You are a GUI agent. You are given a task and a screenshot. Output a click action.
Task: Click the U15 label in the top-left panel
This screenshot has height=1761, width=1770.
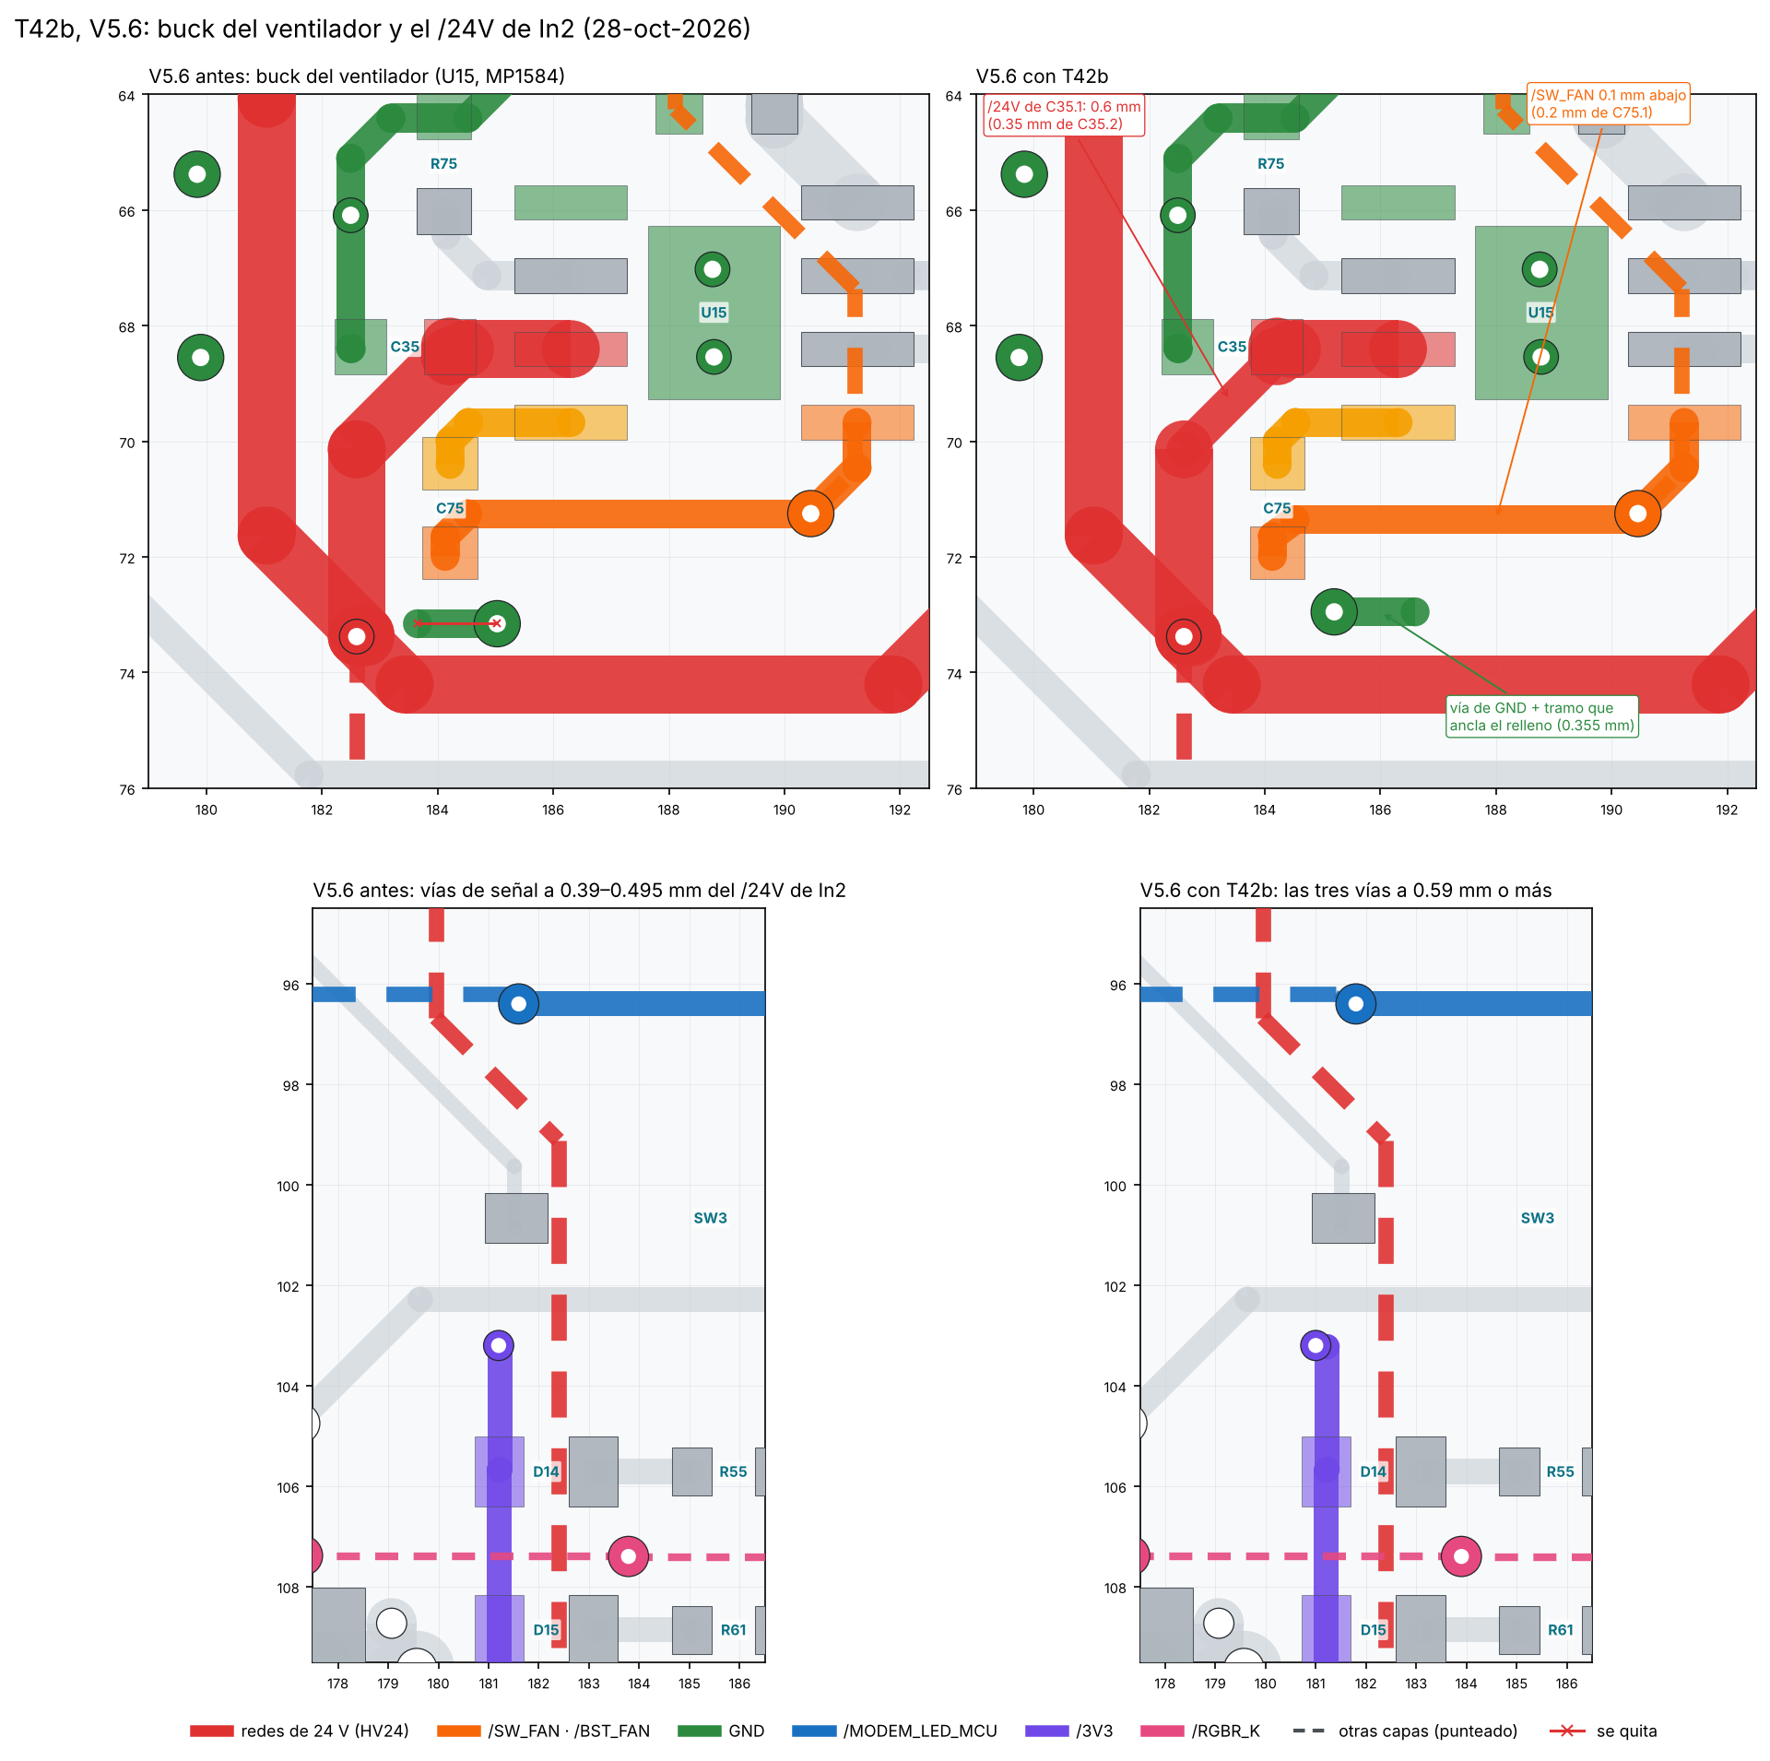(x=714, y=313)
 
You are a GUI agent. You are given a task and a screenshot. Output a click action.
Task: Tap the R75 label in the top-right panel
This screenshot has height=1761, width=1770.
(x=1270, y=164)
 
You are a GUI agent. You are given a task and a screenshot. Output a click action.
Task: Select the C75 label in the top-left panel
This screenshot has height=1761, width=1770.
(x=450, y=508)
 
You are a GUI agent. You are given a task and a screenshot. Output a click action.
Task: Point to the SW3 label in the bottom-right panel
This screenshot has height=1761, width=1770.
(x=1537, y=1218)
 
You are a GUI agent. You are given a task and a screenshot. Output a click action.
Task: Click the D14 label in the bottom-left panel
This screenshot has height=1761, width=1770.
(x=546, y=1471)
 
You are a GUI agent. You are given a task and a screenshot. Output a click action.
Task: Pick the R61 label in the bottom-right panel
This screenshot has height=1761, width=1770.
(x=1560, y=1630)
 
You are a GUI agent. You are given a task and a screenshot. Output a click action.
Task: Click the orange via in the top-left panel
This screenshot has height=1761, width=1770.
(x=810, y=514)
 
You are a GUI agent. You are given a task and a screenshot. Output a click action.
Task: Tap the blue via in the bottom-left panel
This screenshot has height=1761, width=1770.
(x=518, y=1003)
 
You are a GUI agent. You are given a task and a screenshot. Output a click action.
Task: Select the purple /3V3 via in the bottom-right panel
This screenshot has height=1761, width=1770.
(x=1316, y=1345)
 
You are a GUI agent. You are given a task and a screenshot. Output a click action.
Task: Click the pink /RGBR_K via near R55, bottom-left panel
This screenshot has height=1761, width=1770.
(x=628, y=1556)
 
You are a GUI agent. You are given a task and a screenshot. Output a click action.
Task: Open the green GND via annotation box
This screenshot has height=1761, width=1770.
(x=1541, y=716)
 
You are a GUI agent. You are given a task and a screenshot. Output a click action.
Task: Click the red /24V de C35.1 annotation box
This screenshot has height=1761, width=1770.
(x=1064, y=115)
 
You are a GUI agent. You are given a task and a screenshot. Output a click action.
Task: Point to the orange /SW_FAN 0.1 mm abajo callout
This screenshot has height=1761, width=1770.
(x=1609, y=103)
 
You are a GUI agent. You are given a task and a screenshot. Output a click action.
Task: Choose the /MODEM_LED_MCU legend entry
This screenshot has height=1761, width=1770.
(x=894, y=1731)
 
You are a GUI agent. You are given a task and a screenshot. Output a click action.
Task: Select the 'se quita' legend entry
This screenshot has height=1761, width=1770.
(x=1603, y=1731)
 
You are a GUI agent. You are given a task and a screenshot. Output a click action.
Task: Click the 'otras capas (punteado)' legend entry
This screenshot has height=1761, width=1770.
(x=1405, y=1731)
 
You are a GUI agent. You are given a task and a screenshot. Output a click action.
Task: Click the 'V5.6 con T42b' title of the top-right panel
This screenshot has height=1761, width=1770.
(x=1042, y=77)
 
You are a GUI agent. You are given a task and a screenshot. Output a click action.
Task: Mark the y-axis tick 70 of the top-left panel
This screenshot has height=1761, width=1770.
(x=126, y=443)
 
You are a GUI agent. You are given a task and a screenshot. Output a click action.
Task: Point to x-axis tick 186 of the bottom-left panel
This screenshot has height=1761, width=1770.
(x=739, y=1684)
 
